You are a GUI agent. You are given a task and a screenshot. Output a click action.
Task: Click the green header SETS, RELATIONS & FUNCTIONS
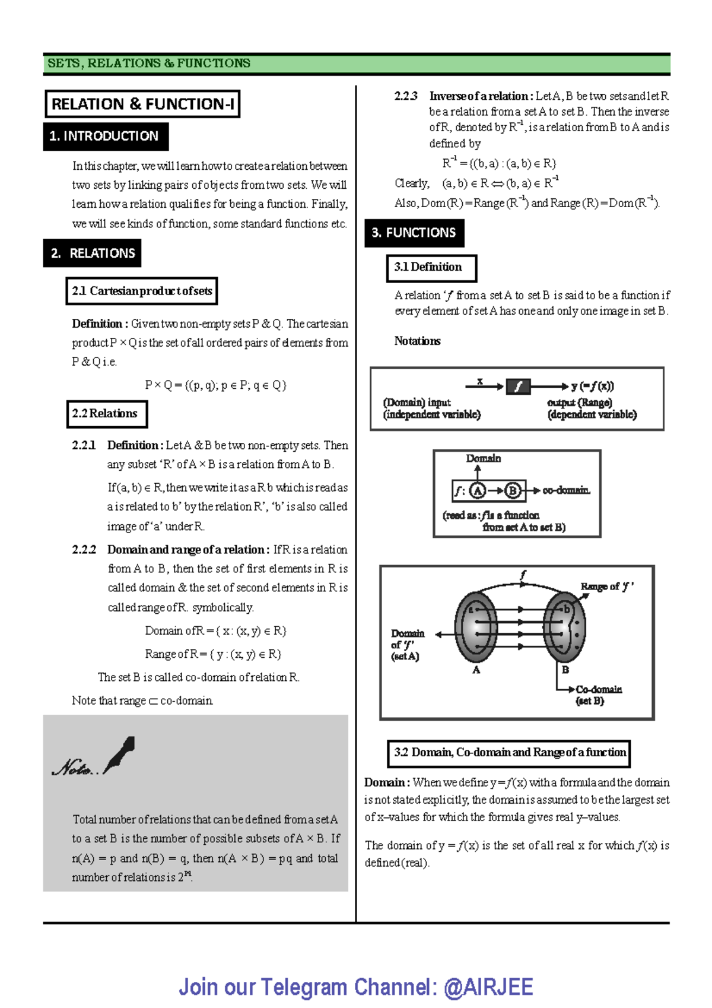point(149,64)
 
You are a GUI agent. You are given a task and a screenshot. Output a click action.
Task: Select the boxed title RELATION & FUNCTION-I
point(142,104)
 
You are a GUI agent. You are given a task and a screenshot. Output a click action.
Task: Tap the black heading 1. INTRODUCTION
point(104,137)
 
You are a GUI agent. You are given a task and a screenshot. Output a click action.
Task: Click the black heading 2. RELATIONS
point(93,253)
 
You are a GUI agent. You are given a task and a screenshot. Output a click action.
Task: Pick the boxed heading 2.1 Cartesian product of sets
point(142,291)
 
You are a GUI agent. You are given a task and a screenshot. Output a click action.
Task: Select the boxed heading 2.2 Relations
point(106,414)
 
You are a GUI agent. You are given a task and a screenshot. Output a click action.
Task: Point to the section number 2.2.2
point(84,550)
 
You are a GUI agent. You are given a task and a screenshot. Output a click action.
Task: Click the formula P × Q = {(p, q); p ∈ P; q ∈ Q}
point(215,385)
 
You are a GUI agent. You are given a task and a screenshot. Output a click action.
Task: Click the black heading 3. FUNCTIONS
point(414,233)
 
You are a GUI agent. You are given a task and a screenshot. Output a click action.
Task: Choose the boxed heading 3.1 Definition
point(431,268)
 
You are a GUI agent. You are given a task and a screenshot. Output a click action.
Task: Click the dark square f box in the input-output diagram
point(518,387)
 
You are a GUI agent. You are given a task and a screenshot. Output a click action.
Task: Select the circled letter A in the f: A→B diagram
point(478,490)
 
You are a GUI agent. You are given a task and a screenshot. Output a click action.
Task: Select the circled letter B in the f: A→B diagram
point(513,490)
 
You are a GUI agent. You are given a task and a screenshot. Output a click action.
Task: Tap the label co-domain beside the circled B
point(566,490)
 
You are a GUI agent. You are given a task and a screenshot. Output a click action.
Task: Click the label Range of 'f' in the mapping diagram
point(606,587)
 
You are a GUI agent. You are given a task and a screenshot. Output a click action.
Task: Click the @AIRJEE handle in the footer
point(488,987)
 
